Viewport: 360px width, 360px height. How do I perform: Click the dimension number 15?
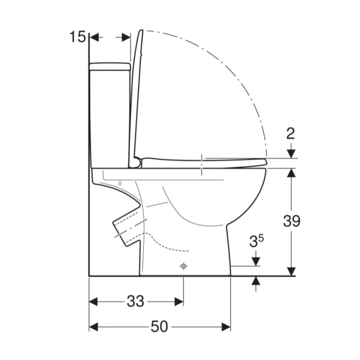pos(77,37)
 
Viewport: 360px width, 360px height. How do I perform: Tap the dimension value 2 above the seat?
pos(291,133)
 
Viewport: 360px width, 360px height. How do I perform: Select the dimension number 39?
pos(292,221)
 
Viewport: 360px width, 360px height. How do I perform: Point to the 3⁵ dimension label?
pos(256,241)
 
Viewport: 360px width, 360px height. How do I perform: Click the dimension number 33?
pos(135,301)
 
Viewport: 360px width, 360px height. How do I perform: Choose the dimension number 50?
pos(159,327)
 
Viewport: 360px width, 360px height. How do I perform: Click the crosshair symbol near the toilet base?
pos(183,266)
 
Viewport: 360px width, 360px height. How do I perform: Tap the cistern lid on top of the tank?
pos(110,66)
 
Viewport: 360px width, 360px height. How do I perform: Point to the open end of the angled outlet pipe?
pos(120,234)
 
